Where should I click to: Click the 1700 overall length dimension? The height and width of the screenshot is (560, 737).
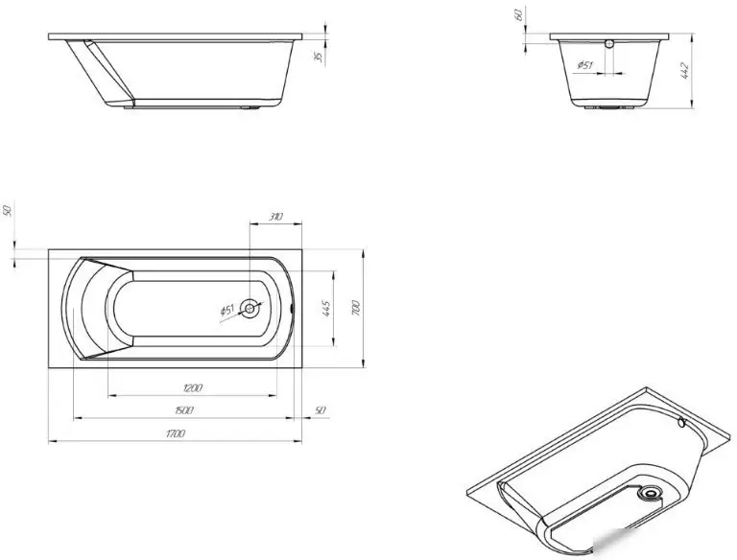pos(176,433)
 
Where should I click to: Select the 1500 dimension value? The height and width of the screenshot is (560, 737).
pos(184,410)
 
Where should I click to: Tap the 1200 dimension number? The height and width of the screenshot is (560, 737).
pos(193,388)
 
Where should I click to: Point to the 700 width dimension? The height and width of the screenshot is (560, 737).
pos(356,308)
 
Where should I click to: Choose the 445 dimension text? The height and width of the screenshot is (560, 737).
pos(326,308)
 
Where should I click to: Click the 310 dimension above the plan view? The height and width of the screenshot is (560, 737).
pos(276,217)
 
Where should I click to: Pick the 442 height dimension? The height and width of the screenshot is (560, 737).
pos(684,70)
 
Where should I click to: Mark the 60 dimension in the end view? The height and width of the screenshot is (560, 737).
pos(518,14)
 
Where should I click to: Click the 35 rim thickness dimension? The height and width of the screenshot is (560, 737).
pos(319,57)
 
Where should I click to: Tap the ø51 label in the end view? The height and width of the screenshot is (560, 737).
pos(584,65)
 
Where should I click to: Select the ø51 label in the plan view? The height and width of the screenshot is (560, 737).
pos(227,310)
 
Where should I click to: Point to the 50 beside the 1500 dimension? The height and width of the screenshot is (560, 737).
pos(320,410)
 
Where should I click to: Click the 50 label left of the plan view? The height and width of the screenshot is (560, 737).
pos(7,211)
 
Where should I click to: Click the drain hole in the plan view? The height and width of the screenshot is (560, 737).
pos(250,309)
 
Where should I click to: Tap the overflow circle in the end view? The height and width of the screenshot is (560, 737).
pos(609,44)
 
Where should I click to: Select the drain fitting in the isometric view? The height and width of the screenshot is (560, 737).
pos(651,493)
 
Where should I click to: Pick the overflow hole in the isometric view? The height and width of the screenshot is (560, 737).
pos(682,423)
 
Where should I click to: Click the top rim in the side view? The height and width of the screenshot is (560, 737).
pos(176,36)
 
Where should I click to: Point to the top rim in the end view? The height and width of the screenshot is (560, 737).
pos(609,36)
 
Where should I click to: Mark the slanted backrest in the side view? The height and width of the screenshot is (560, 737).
pos(109,72)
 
